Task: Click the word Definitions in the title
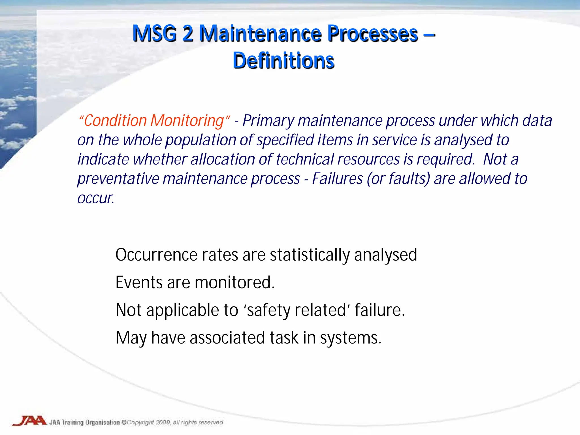pyautogui.click(x=283, y=61)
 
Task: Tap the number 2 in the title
pyautogui.click(x=188, y=34)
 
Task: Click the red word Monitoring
pyautogui.click(x=187, y=121)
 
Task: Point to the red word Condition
pyautogui.click(x=115, y=121)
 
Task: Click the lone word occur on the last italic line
pyautogui.click(x=95, y=198)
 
